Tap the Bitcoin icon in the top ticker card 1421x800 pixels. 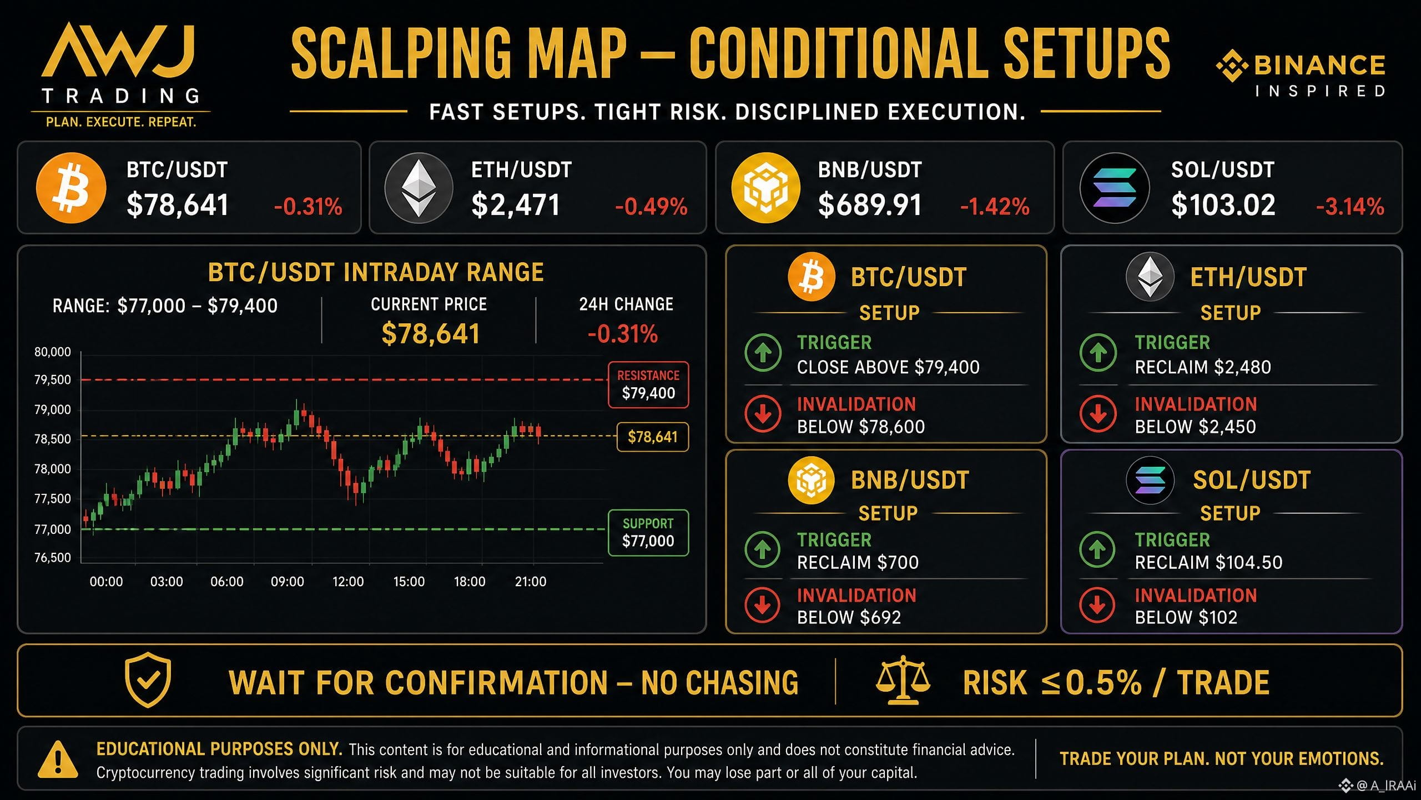[x=71, y=188]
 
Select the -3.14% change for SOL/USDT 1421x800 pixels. [x=1350, y=207]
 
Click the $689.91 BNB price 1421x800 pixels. [x=870, y=205]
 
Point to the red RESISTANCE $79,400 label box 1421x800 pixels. [x=648, y=385]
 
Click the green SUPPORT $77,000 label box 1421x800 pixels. [x=648, y=533]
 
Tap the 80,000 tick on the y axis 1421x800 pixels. [x=53, y=352]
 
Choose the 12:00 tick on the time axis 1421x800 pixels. [x=348, y=582]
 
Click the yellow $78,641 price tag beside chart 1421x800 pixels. [x=653, y=437]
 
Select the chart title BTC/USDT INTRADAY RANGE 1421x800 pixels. [x=376, y=272]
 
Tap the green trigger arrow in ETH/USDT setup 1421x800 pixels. [x=1098, y=352]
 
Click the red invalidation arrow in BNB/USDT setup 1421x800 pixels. [x=763, y=605]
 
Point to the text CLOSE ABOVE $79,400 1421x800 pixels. [x=888, y=367]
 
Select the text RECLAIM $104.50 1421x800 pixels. [x=1208, y=562]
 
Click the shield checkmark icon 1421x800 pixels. [x=148, y=680]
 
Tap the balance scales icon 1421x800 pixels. [x=903, y=680]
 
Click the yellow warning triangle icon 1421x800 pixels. [x=58, y=759]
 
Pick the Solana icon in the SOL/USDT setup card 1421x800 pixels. [x=1150, y=480]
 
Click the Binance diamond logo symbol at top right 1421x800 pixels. [x=1232, y=66]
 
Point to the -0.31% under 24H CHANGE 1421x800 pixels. [x=623, y=334]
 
